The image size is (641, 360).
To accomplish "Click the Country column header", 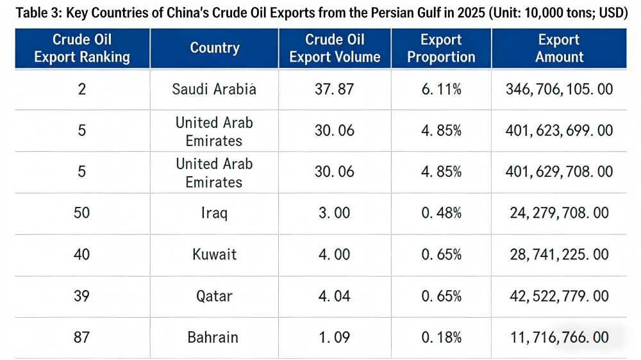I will point(215,48).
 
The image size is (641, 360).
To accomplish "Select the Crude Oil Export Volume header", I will point(335,48).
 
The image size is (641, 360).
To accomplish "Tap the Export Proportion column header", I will point(441,48).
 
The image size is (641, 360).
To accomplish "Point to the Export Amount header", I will point(559,48).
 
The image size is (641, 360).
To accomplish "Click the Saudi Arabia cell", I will point(214,89).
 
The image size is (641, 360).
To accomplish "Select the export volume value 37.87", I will point(334,89).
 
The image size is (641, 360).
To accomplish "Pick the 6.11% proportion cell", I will point(441,89).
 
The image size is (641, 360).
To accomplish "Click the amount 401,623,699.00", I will point(559,131).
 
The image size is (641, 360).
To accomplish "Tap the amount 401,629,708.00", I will point(559,172).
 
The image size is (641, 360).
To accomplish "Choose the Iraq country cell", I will point(214,213).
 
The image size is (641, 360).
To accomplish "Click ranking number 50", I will point(81,213).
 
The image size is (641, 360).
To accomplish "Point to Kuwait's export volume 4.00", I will point(334,254).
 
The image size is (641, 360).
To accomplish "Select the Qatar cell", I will point(214,296).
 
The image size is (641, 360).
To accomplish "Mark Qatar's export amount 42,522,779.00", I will point(559,296).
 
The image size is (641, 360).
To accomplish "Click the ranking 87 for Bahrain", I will point(81,337).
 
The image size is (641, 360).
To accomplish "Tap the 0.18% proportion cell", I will point(441,337).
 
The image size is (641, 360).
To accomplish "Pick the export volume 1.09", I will point(334,337).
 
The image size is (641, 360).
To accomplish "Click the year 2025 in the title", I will point(456,13).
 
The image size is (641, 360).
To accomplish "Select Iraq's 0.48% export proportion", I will point(441,213).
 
